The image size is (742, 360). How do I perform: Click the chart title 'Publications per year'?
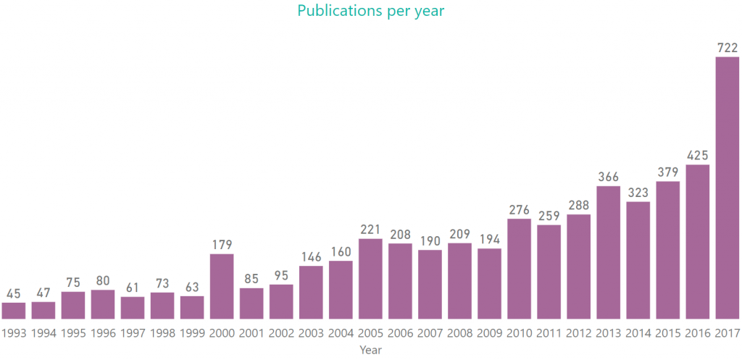[370, 11]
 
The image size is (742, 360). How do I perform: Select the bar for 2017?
[727, 188]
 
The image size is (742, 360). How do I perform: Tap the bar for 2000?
[222, 286]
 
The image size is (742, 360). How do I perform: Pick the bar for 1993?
[14, 311]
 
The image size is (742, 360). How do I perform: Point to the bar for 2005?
[370, 279]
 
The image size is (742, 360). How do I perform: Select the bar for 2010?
[519, 269]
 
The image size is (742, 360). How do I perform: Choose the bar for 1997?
[133, 308]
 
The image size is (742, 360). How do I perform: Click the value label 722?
[727, 47]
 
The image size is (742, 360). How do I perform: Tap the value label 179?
[222, 245]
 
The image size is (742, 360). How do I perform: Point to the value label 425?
[697, 155]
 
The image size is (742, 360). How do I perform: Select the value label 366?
[608, 177]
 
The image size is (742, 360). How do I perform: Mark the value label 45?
[14, 293]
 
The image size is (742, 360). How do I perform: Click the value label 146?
[311, 256]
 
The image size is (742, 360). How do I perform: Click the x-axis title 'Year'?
[370, 350]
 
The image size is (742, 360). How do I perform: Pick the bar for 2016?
[697, 242]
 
